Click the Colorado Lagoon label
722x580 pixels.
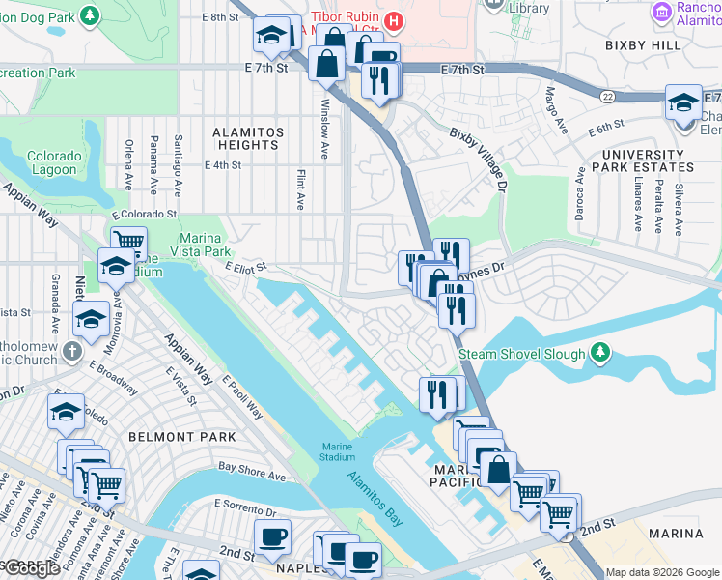pyautogui.click(x=52, y=162)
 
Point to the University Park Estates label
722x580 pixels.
pyautogui.click(x=643, y=161)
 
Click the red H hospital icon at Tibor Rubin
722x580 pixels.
pyautogui.click(x=393, y=20)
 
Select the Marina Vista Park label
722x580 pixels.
pyautogui.click(x=200, y=246)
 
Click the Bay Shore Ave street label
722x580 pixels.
pyautogui.click(x=252, y=471)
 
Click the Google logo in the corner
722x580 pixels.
pyautogui.click(x=33, y=568)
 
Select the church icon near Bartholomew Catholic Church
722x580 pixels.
pyautogui.click(x=73, y=351)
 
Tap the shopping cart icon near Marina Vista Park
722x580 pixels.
pyautogui.click(x=127, y=242)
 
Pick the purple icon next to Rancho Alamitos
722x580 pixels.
pyautogui.click(x=662, y=12)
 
